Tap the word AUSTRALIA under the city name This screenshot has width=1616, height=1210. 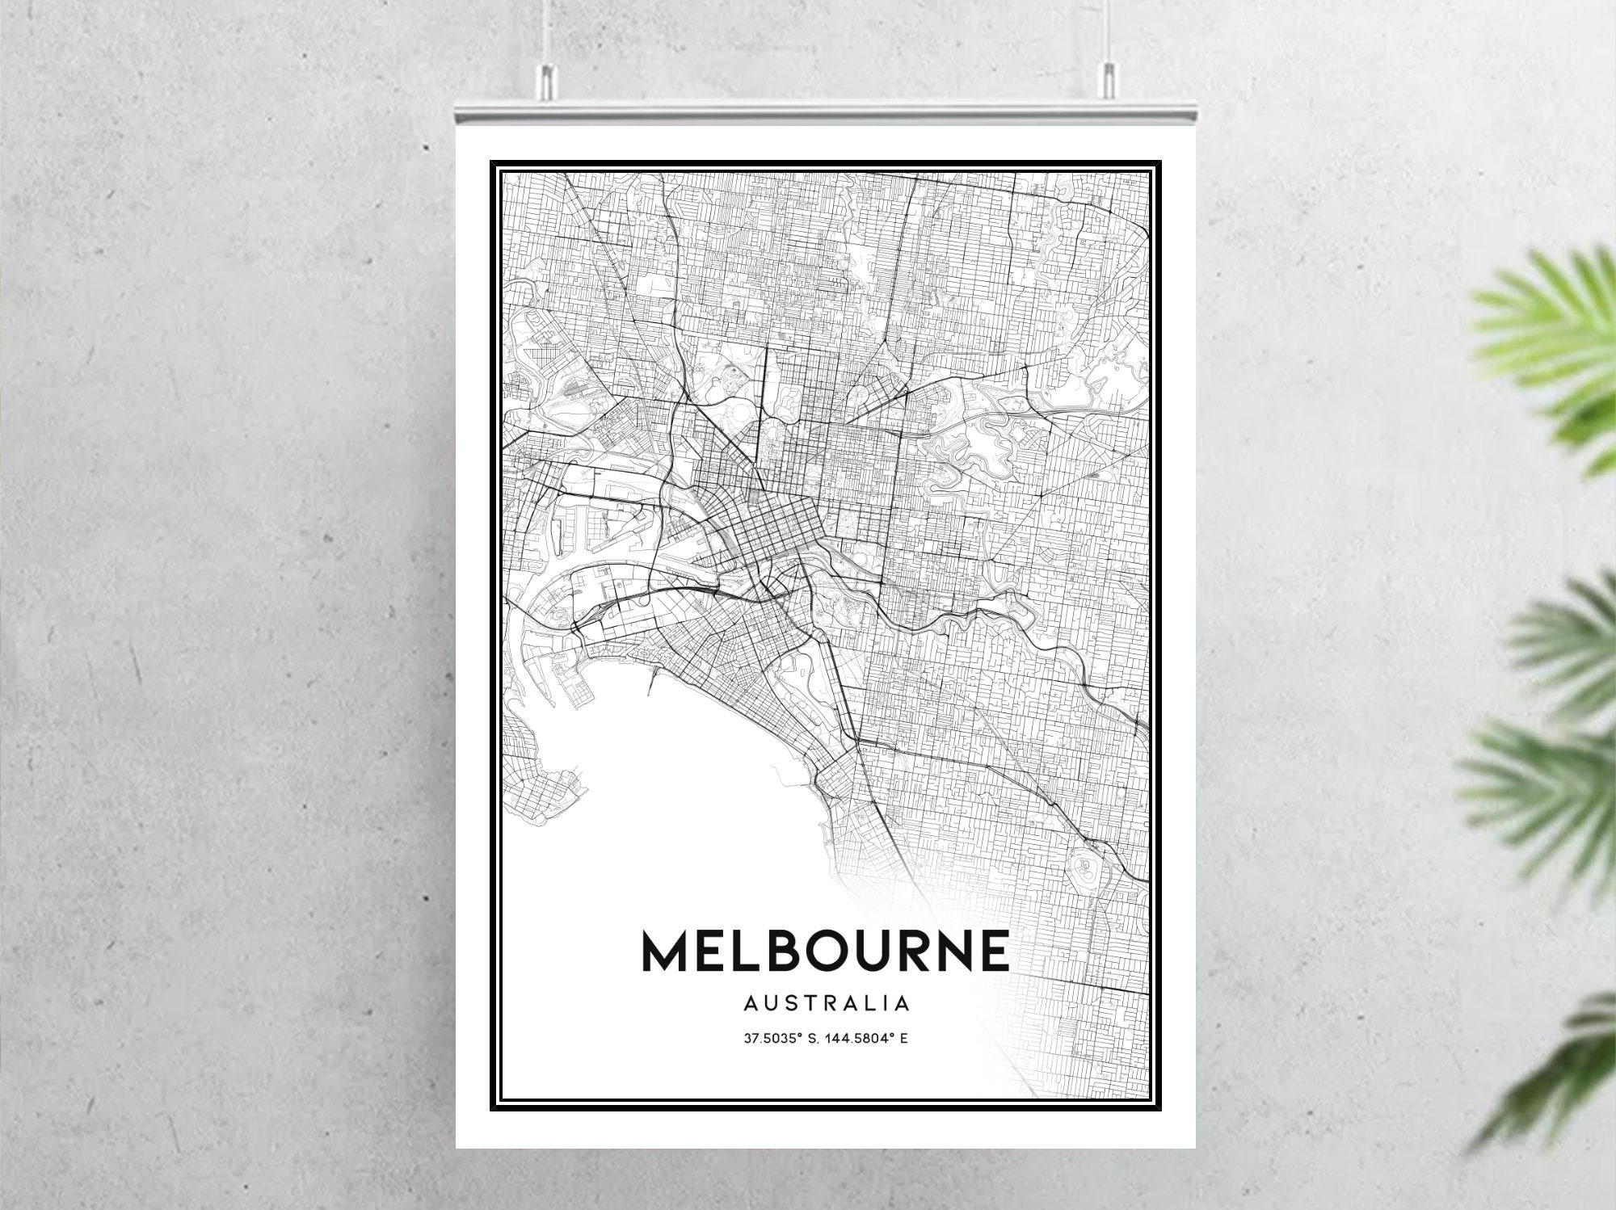pyautogui.click(x=826, y=1004)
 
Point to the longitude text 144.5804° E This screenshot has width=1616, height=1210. pyautogui.click(x=868, y=1038)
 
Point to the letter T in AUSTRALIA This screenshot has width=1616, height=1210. pyautogui.click(x=808, y=1004)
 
